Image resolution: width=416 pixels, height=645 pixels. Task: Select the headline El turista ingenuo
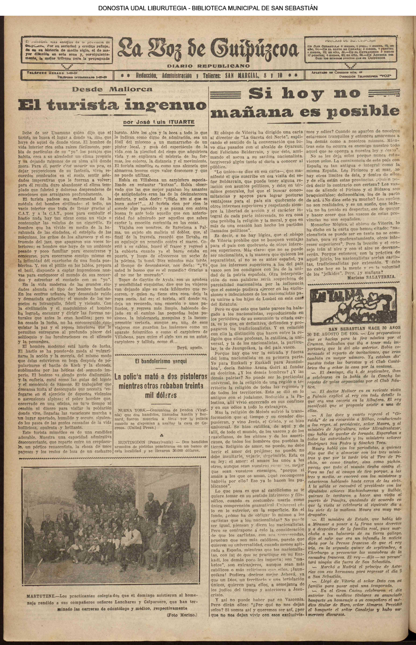pos(112,105)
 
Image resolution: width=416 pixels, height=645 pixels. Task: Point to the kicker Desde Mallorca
pos(112,89)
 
